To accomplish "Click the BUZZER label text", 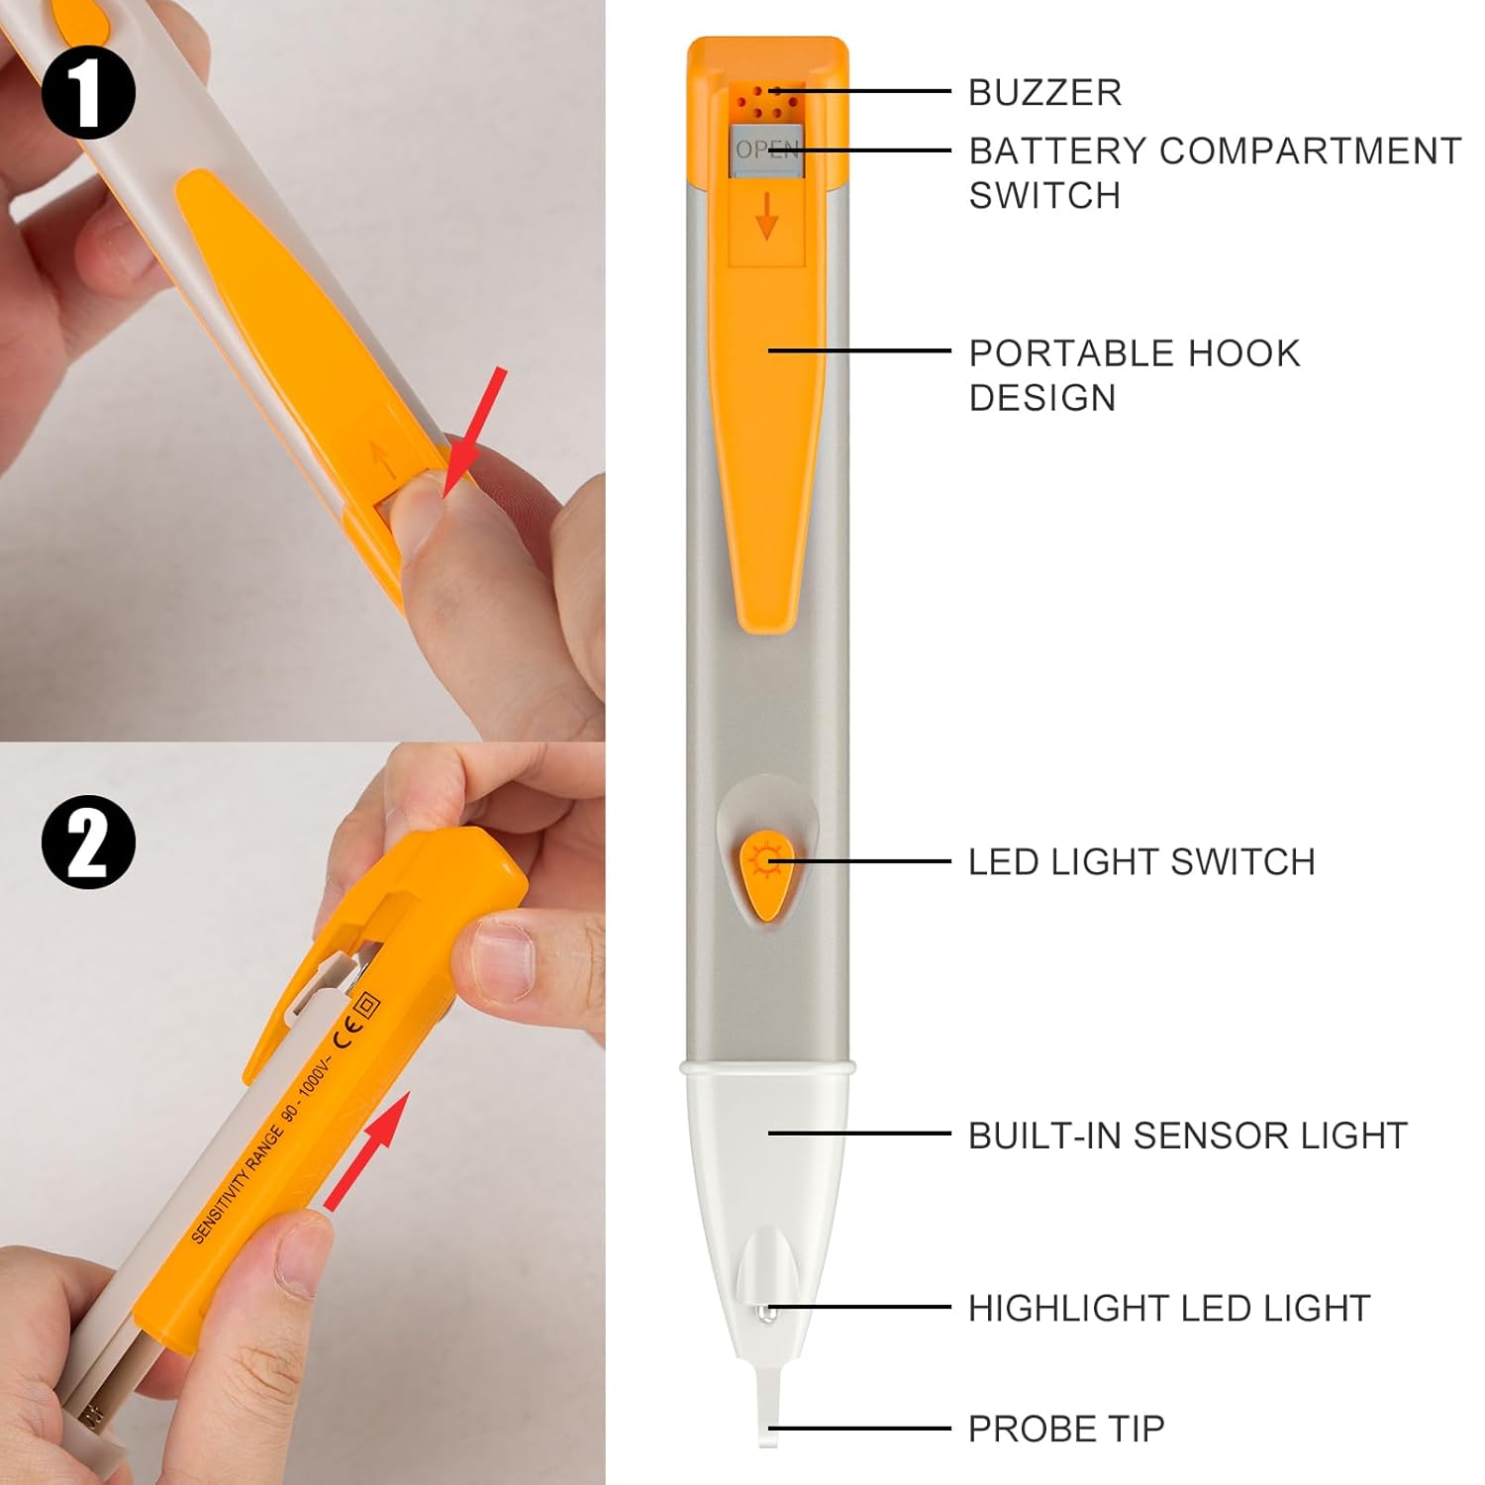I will (1044, 92).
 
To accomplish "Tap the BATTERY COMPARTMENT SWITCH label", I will (1214, 172).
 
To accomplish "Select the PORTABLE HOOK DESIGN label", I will (1134, 374).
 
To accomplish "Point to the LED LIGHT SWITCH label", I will (1140, 861).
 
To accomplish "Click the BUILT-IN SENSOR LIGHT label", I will (1187, 1135).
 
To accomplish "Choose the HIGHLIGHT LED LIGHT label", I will (1168, 1308).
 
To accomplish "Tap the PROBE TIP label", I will (1065, 1429).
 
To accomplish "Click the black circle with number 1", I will (88, 93).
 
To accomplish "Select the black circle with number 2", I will (88, 841).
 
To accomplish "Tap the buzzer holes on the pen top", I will (761, 100).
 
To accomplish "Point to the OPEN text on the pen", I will (766, 149).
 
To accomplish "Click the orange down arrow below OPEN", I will (766, 216).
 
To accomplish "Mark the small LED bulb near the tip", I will (762, 1313).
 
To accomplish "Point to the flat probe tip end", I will (769, 1416).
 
